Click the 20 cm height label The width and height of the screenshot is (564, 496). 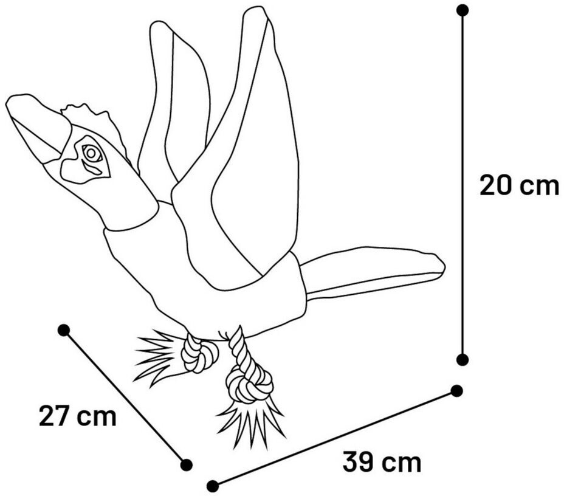[519, 185]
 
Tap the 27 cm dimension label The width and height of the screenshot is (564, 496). [77, 416]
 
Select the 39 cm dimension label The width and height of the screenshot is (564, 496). [382, 462]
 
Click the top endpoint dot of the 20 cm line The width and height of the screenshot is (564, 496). [463, 10]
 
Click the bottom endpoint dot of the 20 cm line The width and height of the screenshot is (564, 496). [463, 359]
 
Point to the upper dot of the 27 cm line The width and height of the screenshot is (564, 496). [63, 330]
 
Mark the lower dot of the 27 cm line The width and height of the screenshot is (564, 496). [187, 464]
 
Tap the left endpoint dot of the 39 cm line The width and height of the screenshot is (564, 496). [212, 486]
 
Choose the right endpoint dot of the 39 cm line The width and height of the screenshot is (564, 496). [457, 391]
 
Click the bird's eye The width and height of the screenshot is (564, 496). [92, 153]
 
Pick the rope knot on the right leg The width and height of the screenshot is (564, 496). [249, 385]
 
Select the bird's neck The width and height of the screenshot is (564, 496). [115, 195]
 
